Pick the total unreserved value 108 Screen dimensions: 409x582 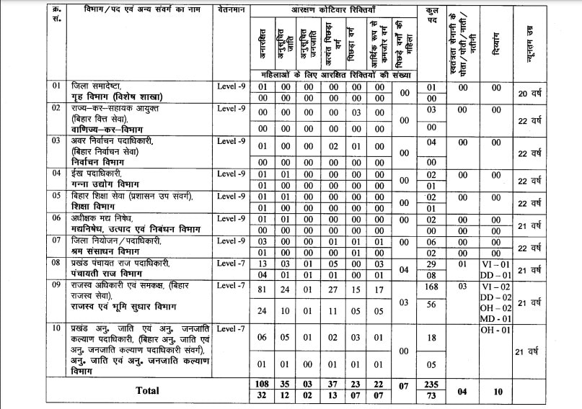(x=263, y=385)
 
